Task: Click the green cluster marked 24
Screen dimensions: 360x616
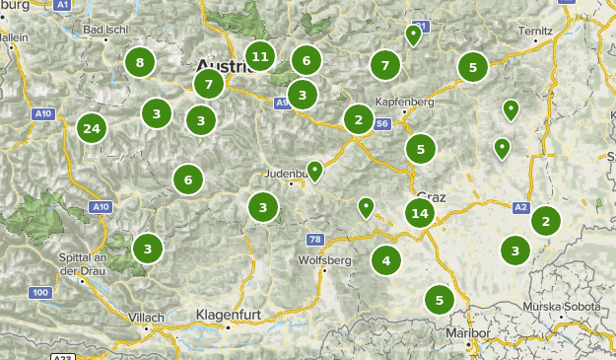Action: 93,128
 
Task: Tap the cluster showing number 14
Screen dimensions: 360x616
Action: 420,213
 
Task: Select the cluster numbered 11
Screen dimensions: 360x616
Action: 260,56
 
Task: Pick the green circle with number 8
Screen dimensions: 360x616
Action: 140,63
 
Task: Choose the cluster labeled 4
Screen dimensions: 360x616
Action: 386,261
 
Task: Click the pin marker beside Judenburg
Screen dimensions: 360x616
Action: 314,171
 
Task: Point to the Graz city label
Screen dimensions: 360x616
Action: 433,196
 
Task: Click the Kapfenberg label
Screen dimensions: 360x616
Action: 406,102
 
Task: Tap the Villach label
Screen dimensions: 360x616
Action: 146,318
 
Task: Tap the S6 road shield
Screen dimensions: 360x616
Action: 381,124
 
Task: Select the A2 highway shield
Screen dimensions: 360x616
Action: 521,206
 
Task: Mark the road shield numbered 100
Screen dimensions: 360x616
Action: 40,293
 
